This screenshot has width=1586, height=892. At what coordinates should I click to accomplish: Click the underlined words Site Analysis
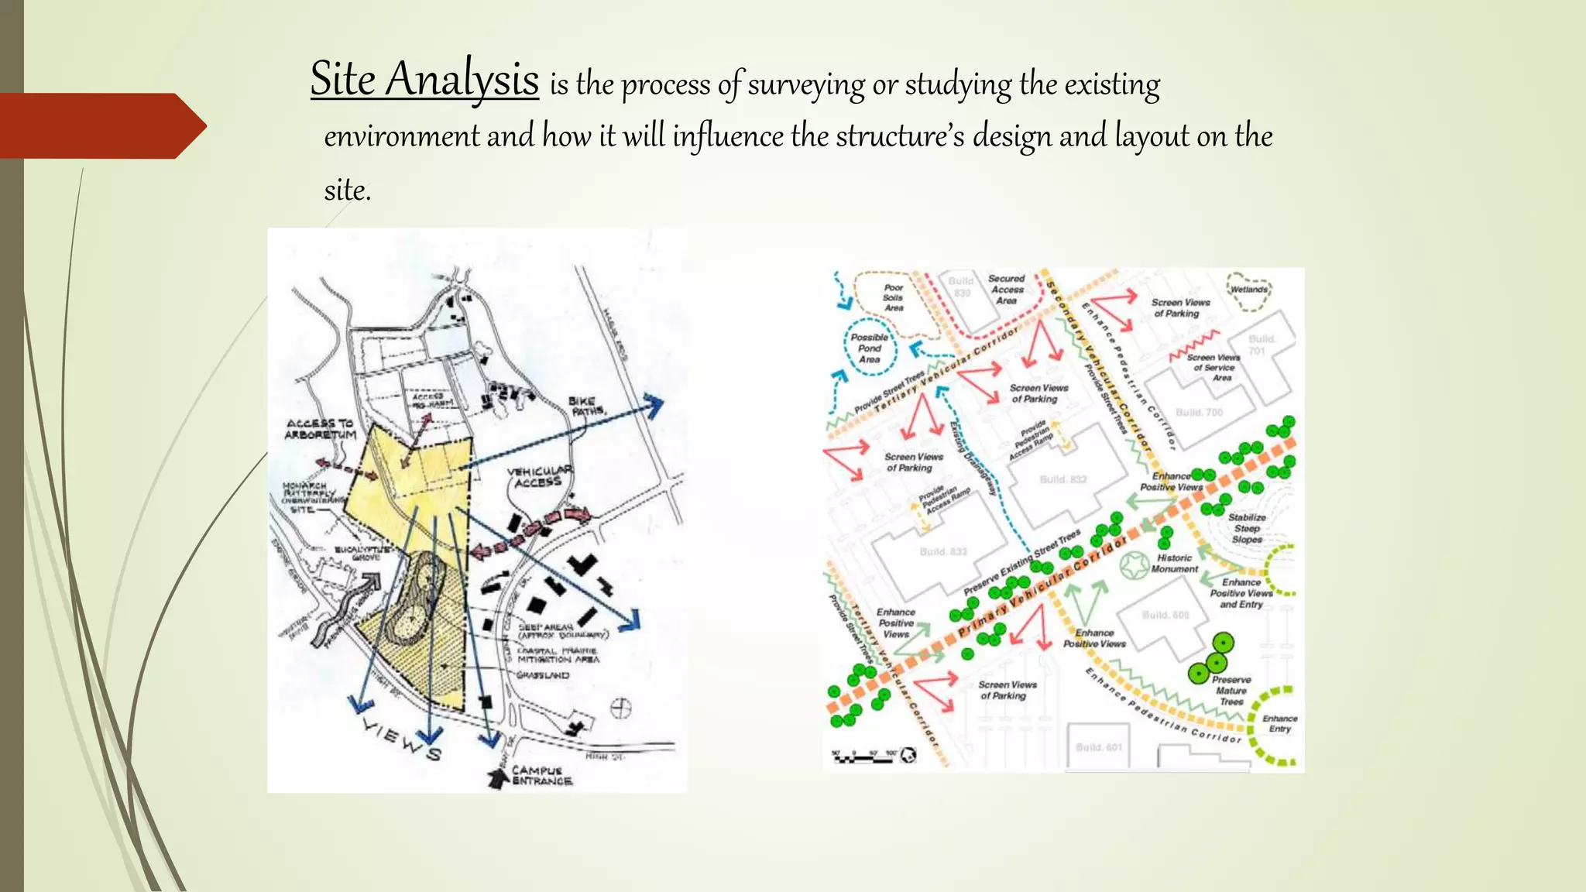[x=424, y=80]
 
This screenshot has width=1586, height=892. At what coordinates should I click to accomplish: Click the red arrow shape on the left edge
[x=101, y=126]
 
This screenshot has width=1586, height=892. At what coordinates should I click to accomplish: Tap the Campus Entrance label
[x=541, y=776]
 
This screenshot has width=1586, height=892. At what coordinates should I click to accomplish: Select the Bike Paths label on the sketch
[x=586, y=406]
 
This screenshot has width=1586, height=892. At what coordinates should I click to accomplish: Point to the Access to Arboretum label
[x=321, y=429]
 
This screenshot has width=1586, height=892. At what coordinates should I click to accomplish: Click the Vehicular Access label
[x=539, y=476]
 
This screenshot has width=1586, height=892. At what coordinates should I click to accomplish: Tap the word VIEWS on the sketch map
[x=402, y=738]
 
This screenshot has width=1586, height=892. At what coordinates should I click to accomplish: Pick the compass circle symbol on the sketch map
[x=621, y=708]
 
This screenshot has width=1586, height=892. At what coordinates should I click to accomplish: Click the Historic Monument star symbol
[x=1135, y=567]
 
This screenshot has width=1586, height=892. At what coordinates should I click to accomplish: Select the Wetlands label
[x=1249, y=290]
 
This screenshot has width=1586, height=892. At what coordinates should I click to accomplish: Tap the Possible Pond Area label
[x=869, y=348]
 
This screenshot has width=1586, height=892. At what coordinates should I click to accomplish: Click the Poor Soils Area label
[x=893, y=297]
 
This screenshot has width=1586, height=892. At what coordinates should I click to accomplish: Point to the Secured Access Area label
[x=1006, y=290]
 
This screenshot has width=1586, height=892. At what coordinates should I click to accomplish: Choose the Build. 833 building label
[x=943, y=551]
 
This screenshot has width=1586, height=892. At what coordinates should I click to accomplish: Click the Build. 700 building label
[x=1199, y=412]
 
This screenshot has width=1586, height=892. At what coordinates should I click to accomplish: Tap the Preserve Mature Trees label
[x=1231, y=691]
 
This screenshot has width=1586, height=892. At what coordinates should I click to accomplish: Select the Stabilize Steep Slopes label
[x=1247, y=528]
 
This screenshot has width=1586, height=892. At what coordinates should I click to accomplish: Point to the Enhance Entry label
[x=1279, y=723]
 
